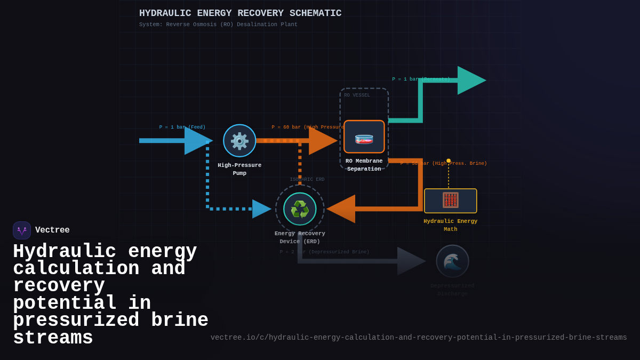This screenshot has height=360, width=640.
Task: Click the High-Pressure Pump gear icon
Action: (239, 141)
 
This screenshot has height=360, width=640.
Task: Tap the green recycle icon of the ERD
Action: (300, 209)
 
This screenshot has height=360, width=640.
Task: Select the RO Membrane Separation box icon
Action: (364, 137)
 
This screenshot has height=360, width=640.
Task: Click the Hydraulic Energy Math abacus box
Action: (451, 201)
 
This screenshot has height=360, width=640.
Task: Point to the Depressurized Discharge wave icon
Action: (452, 261)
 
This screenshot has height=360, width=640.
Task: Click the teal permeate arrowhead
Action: (470, 81)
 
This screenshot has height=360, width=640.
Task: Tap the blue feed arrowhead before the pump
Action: (197, 141)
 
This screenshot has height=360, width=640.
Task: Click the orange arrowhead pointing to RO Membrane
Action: (322, 141)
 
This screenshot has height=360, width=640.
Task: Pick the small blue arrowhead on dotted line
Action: (261, 209)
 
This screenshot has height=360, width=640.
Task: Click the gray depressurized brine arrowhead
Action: (410, 261)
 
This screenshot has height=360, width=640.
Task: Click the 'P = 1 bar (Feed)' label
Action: (182, 127)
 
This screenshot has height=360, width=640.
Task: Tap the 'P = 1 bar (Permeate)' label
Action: (421, 79)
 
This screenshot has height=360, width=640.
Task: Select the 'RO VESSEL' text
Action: (357, 95)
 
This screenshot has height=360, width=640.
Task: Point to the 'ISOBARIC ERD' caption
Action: (307, 180)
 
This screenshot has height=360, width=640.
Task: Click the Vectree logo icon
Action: (22, 230)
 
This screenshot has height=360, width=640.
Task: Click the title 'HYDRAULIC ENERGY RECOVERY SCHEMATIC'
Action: (240, 13)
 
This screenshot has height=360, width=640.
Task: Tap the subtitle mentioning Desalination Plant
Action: (218, 25)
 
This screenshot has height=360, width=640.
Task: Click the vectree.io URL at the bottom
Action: (419, 338)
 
